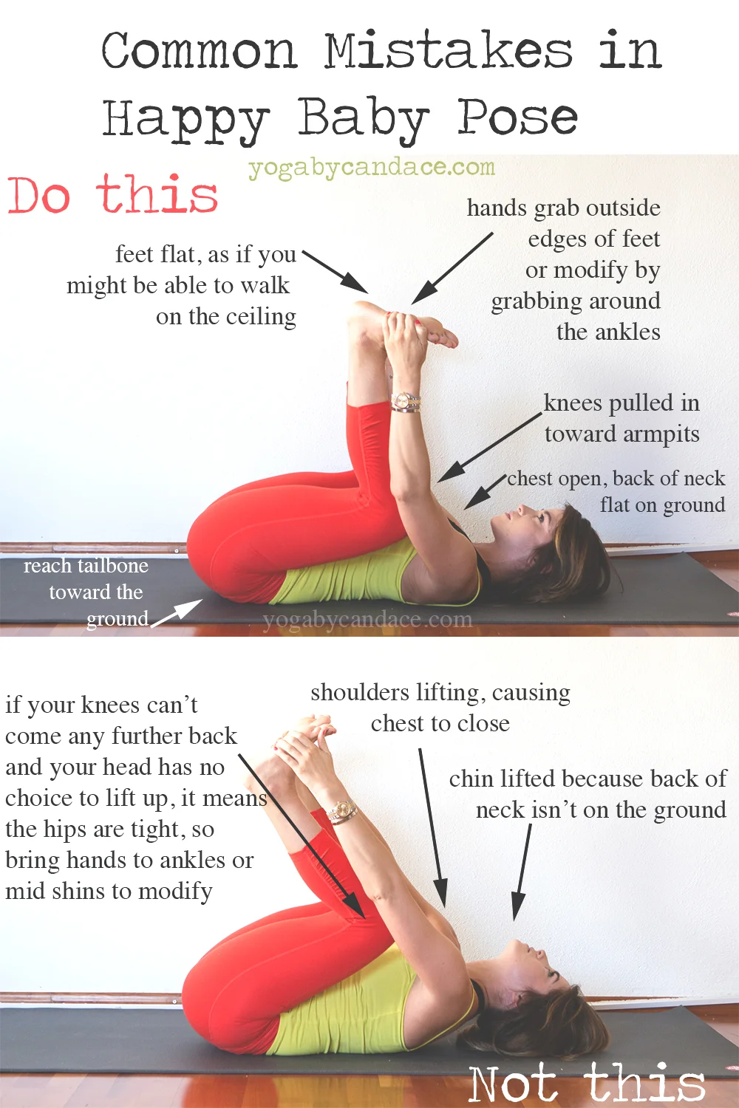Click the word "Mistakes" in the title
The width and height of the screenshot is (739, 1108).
[x=449, y=52]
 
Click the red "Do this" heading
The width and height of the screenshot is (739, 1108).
[x=112, y=195]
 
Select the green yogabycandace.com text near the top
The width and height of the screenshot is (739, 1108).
[x=371, y=168]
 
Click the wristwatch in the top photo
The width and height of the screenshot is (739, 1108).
[x=406, y=402]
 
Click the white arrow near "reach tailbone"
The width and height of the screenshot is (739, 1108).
[x=177, y=612]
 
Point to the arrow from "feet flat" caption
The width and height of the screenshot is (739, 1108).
[x=336, y=271]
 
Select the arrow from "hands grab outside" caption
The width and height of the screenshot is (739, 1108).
[x=452, y=268]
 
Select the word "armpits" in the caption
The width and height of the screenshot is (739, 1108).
[x=660, y=434]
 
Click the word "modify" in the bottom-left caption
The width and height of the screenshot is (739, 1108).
[x=175, y=891]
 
